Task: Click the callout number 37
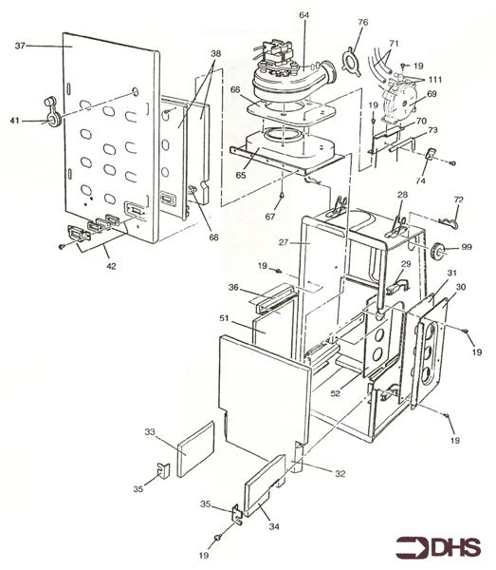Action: (x=21, y=45)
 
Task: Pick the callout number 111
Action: (x=435, y=79)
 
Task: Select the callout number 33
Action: (x=149, y=432)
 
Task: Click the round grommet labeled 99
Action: (x=440, y=250)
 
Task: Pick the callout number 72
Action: (x=460, y=199)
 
